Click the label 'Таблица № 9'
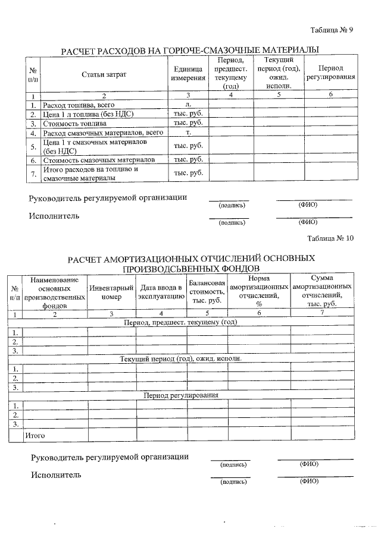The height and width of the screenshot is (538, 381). click(332, 31)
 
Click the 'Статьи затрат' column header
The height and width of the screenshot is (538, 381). click(104, 74)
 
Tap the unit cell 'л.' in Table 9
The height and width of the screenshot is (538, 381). click(188, 105)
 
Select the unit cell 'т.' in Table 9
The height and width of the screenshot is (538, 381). click(188, 133)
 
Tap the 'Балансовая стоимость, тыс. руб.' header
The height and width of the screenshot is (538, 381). click(207, 291)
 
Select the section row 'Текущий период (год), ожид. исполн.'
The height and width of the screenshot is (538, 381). click(181, 359)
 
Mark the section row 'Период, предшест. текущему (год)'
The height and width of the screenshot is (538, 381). click(180, 322)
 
